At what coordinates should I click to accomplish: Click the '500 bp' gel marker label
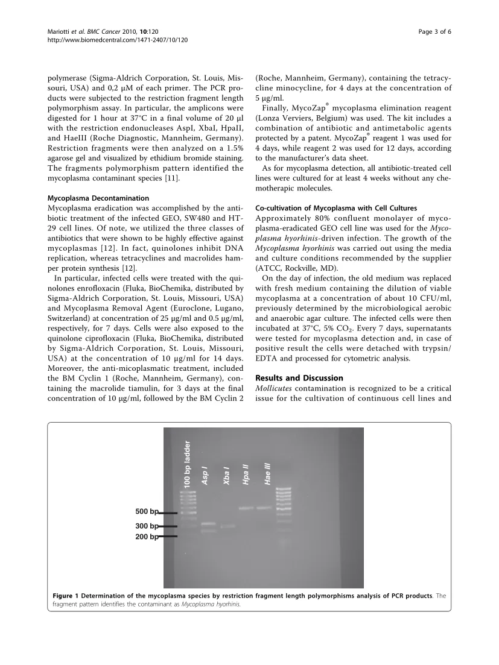[147, 512]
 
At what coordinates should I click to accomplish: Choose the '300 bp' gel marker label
[147, 526]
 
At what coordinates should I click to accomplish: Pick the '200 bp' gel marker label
[147, 536]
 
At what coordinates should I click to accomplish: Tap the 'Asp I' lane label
[205, 476]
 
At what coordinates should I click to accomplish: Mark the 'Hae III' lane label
[267, 473]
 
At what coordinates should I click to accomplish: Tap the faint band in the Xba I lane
[227, 526]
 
